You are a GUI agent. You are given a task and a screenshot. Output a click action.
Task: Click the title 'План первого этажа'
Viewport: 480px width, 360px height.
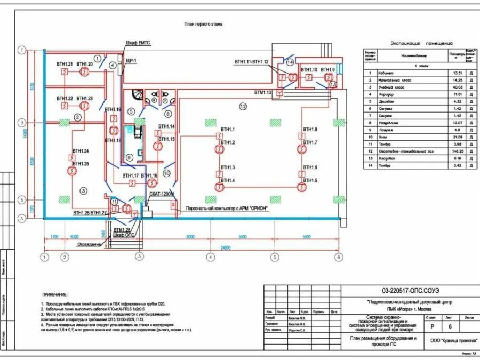point(203,24)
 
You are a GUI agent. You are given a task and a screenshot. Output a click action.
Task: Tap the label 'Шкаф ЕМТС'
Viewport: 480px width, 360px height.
point(138,42)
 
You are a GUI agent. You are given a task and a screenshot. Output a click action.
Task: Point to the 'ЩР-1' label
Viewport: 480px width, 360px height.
point(131,61)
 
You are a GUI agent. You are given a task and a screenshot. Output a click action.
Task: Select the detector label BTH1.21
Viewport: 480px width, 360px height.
point(65,64)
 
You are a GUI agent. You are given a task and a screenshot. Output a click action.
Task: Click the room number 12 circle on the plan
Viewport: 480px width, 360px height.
point(243,107)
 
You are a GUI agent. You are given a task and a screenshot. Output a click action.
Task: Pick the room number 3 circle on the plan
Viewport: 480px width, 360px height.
point(83,190)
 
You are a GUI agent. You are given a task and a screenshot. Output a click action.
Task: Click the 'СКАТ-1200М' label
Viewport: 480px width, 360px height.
point(162,195)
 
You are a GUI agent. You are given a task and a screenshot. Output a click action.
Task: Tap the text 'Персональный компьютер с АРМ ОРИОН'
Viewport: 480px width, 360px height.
point(226,209)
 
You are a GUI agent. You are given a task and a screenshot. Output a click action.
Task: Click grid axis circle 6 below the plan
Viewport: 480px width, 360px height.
point(338,257)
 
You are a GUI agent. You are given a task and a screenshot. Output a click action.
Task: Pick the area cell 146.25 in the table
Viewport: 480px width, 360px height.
point(457,151)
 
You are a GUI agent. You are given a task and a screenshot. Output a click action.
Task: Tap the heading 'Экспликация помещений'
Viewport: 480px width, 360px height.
point(421,43)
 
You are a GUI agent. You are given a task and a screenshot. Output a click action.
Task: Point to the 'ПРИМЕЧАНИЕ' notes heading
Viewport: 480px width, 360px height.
point(55,294)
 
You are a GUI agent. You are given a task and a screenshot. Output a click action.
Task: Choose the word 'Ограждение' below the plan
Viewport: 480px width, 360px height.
point(89,244)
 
